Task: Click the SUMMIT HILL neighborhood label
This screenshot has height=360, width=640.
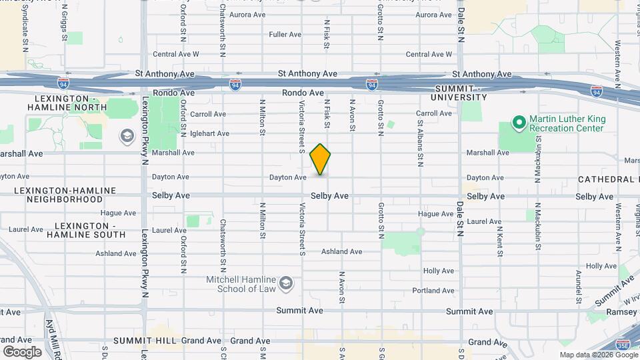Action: point(144,341)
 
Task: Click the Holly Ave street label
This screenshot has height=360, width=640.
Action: point(438,271)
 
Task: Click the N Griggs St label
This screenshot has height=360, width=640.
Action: point(65,23)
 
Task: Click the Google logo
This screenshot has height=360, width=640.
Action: point(22,351)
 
